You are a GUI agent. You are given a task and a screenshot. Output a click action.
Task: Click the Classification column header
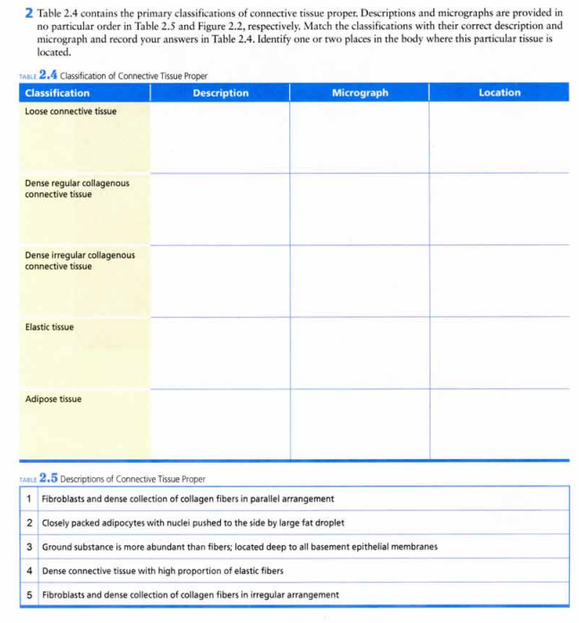(57, 93)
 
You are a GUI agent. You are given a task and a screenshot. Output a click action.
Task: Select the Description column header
(220, 93)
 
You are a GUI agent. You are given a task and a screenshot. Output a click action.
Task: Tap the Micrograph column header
(360, 93)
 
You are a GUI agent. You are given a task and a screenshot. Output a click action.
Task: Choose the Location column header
(499, 93)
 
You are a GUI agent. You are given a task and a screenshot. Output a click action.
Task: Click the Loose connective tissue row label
(70, 111)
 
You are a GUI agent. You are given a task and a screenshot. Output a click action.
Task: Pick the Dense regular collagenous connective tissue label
(76, 188)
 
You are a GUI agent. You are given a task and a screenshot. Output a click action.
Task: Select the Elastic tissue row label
(49, 327)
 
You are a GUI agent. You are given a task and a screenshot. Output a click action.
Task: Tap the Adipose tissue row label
(53, 399)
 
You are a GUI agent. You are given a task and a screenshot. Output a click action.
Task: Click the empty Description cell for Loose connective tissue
(220, 138)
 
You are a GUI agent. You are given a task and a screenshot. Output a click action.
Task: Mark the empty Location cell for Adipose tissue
(499, 424)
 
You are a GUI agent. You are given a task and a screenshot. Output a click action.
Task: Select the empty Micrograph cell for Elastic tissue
(360, 353)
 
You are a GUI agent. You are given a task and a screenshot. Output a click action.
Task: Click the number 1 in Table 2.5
(30, 499)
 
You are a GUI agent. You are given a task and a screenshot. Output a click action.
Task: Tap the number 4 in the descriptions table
(30, 570)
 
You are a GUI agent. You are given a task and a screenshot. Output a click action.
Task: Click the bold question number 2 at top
(30, 15)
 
